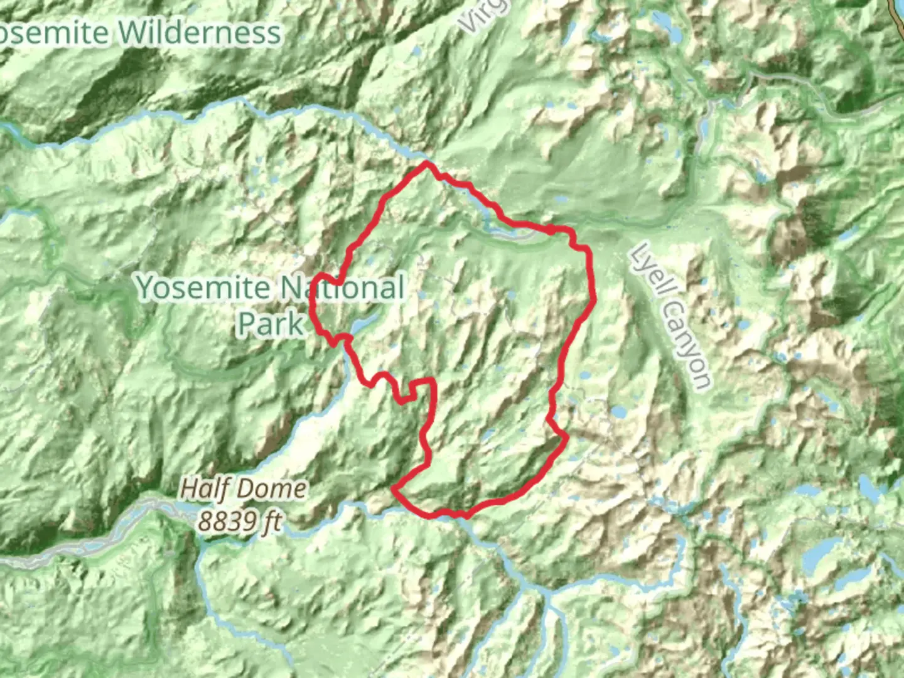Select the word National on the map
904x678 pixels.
(342, 288)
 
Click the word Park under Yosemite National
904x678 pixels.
(270, 324)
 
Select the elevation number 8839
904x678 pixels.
(227, 521)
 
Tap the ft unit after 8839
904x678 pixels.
(271, 521)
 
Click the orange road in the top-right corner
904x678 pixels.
(896, 13)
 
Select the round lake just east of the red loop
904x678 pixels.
(619, 412)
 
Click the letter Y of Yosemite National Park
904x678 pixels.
(146, 288)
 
